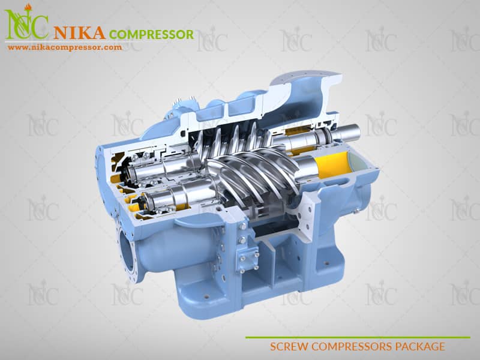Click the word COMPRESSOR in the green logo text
click(x=151, y=34)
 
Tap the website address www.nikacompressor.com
click(x=65, y=47)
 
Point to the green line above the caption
click(x=358, y=337)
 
